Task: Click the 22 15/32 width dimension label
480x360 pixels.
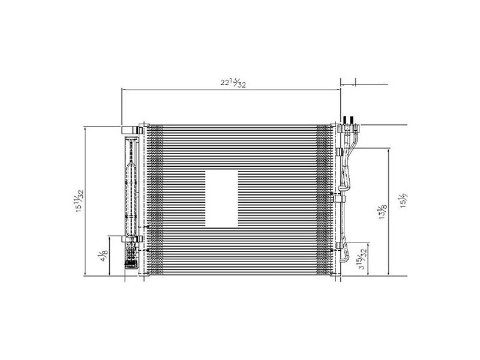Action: coord(230,85)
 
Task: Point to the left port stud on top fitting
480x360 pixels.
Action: coord(346,119)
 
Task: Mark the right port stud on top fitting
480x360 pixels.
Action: coord(355,119)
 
